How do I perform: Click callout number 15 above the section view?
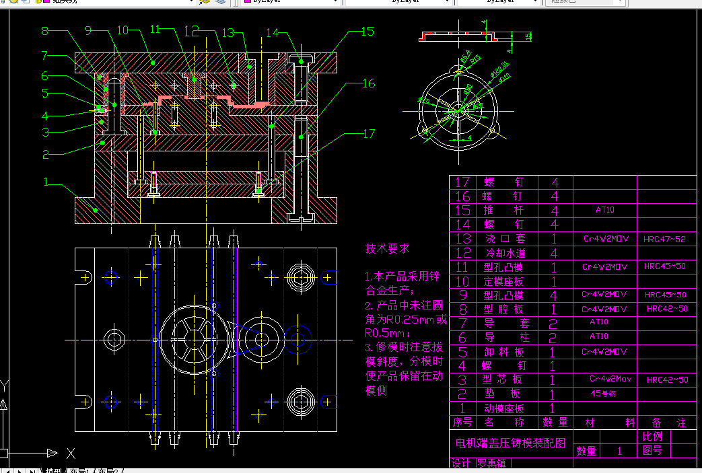click(x=367, y=32)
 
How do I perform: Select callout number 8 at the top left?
click(x=45, y=31)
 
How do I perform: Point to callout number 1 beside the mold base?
click(x=46, y=182)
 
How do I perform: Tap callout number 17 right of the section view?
click(x=368, y=134)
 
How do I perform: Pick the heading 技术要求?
click(x=387, y=248)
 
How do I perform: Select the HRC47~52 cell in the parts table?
click(x=664, y=239)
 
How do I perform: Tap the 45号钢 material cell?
click(x=603, y=394)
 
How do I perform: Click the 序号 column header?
click(x=462, y=423)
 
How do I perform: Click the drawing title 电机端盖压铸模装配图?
click(x=510, y=443)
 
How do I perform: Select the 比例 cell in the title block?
click(x=652, y=436)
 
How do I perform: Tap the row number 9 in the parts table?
click(x=462, y=295)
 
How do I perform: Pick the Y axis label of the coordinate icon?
click(x=5, y=386)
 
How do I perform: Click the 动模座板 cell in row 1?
click(x=504, y=408)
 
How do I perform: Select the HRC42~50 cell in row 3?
click(x=667, y=380)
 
